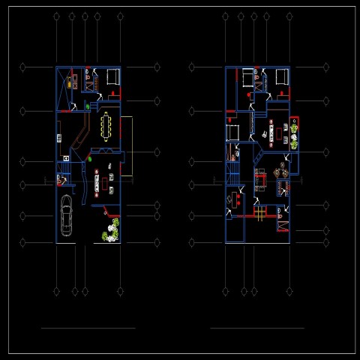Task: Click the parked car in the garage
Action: (66, 214)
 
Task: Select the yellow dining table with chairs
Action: (106, 126)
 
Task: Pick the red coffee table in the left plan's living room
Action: (97, 180)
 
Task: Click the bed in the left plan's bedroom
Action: (112, 76)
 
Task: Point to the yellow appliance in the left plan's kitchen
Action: (70, 84)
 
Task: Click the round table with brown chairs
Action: (283, 170)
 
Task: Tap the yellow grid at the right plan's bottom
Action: (259, 213)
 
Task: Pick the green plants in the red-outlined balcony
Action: (294, 131)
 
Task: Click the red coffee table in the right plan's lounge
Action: (279, 133)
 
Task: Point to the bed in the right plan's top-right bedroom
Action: (282, 76)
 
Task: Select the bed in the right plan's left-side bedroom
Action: (232, 133)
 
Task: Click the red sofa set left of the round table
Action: (260, 180)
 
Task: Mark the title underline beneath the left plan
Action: (88, 328)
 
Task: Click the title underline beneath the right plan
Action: (257, 328)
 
